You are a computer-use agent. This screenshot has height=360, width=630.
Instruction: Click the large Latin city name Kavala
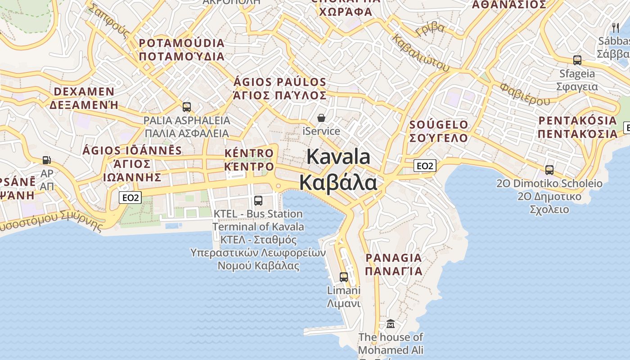pos(338,157)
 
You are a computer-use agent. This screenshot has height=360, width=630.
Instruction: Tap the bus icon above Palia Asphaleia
pos(187,107)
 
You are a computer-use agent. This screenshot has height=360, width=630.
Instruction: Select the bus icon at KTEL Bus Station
pos(258,201)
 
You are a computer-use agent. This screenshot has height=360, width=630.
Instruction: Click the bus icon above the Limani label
pos(344,277)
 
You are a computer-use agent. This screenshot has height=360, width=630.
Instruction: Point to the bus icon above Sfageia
pos(577,60)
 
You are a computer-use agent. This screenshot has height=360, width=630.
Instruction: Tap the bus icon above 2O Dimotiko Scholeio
pos(549,170)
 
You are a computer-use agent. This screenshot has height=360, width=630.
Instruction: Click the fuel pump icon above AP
pos(46,160)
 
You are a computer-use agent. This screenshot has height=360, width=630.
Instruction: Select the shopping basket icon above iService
pos(321,118)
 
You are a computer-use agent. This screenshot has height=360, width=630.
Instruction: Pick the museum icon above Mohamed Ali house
pos(391,324)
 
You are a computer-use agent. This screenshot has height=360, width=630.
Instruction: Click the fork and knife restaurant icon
pos(615,27)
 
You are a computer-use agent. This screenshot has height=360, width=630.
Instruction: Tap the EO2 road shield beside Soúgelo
pos(425,166)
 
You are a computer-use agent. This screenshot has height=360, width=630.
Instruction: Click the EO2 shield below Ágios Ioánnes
pos(130,198)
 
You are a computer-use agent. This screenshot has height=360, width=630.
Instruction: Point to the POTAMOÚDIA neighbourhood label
pos(181,43)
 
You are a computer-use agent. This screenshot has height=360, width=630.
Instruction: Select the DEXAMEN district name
pos(84,92)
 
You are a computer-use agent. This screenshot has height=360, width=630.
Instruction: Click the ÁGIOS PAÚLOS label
pos(279,82)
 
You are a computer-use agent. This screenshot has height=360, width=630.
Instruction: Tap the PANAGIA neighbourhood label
pos(394,258)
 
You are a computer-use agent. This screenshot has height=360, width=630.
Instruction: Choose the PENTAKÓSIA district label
pos(578,121)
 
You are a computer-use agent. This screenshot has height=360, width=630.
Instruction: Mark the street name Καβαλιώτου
pos(421,53)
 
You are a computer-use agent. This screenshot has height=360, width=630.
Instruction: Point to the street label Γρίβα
pos(430,29)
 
